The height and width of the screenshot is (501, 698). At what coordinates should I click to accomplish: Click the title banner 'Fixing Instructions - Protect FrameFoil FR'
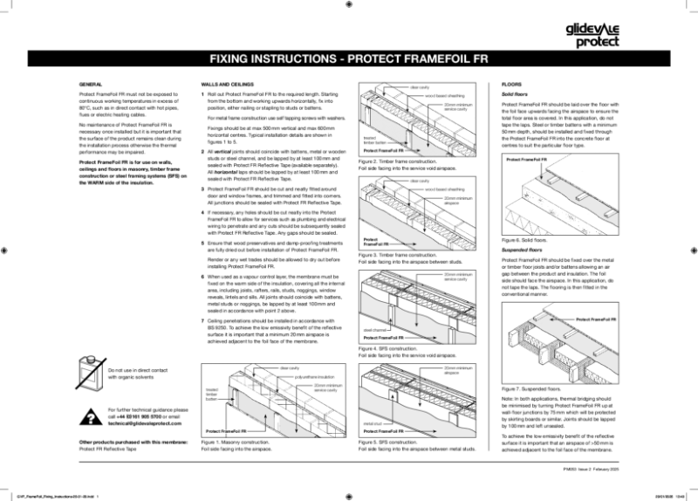[348, 60]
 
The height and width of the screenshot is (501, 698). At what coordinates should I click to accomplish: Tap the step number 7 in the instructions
[203, 321]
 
